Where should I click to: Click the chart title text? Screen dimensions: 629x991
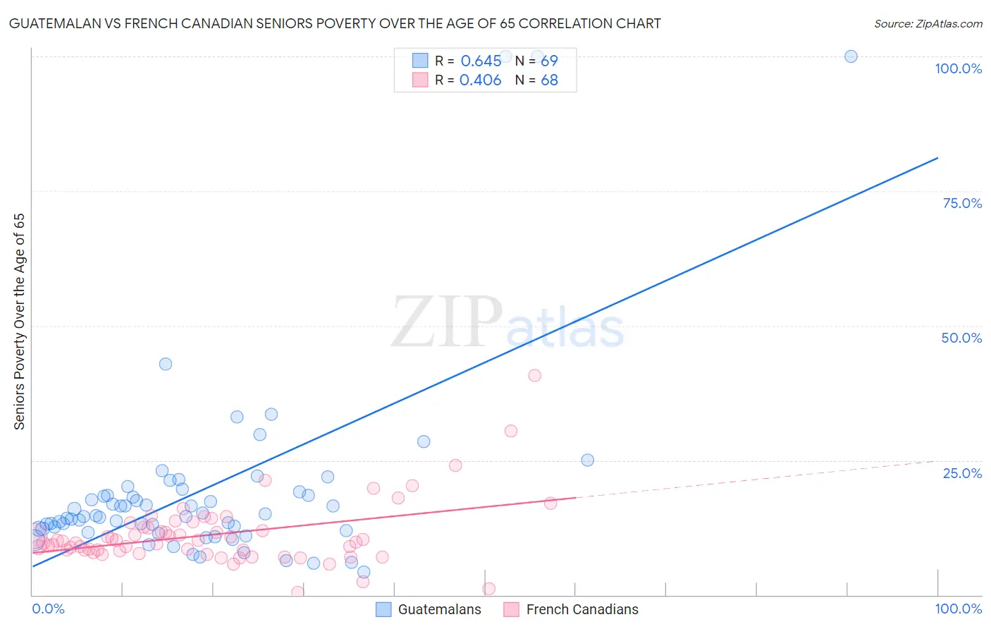(x=335, y=23)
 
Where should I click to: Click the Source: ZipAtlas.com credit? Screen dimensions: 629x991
(x=928, y=23)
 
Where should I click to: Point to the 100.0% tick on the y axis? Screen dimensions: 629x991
(x=958, y=68)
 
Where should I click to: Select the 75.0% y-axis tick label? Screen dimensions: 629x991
(x=962, y=203)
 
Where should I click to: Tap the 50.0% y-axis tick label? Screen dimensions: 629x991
(x=961, y=338)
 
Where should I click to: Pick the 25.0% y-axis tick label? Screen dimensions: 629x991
(x=962, y=472)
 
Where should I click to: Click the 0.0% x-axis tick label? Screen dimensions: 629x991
(x=48, y=609)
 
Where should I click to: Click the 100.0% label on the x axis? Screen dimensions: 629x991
(x=958, y=609)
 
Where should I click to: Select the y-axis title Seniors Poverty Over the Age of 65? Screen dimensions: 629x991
(x=19, y=322)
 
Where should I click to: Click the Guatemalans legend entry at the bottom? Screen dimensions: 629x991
(x=429, y=609)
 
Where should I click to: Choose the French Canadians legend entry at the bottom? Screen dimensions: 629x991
(x=572, y=609)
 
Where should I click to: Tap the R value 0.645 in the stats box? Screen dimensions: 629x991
(x=481, y=61)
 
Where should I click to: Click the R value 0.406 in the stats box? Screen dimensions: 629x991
(x=480, y=80)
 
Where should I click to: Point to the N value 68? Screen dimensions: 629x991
(x=549, y=80)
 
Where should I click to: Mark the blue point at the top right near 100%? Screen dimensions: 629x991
(x=851, y=56)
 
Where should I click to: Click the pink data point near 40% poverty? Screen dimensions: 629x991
(x=534, y=375)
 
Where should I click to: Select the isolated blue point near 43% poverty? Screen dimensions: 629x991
(x=166, y=364)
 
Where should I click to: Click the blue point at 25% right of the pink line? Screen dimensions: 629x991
(x=587, y=460)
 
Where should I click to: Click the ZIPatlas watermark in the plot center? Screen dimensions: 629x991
(x=507, y=323)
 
